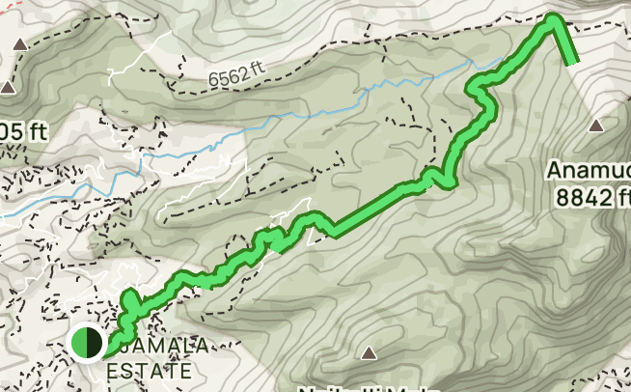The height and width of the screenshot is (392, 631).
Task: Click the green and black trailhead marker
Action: (87, 342)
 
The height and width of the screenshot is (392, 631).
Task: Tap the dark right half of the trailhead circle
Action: (95, 342)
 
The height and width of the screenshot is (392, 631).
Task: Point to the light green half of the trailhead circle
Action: (79, 342)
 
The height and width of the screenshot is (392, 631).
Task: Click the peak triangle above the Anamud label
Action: (596, 126)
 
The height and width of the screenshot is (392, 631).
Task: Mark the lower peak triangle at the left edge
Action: (8, 88)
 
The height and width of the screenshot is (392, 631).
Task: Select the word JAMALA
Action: (164, 346)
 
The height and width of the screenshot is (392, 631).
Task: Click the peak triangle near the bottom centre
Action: (368, 353)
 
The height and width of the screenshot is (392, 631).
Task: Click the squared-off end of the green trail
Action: (572, 60)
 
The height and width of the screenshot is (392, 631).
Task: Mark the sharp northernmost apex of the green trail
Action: (554, 17)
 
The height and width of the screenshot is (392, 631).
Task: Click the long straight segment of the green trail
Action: (376, 208)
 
